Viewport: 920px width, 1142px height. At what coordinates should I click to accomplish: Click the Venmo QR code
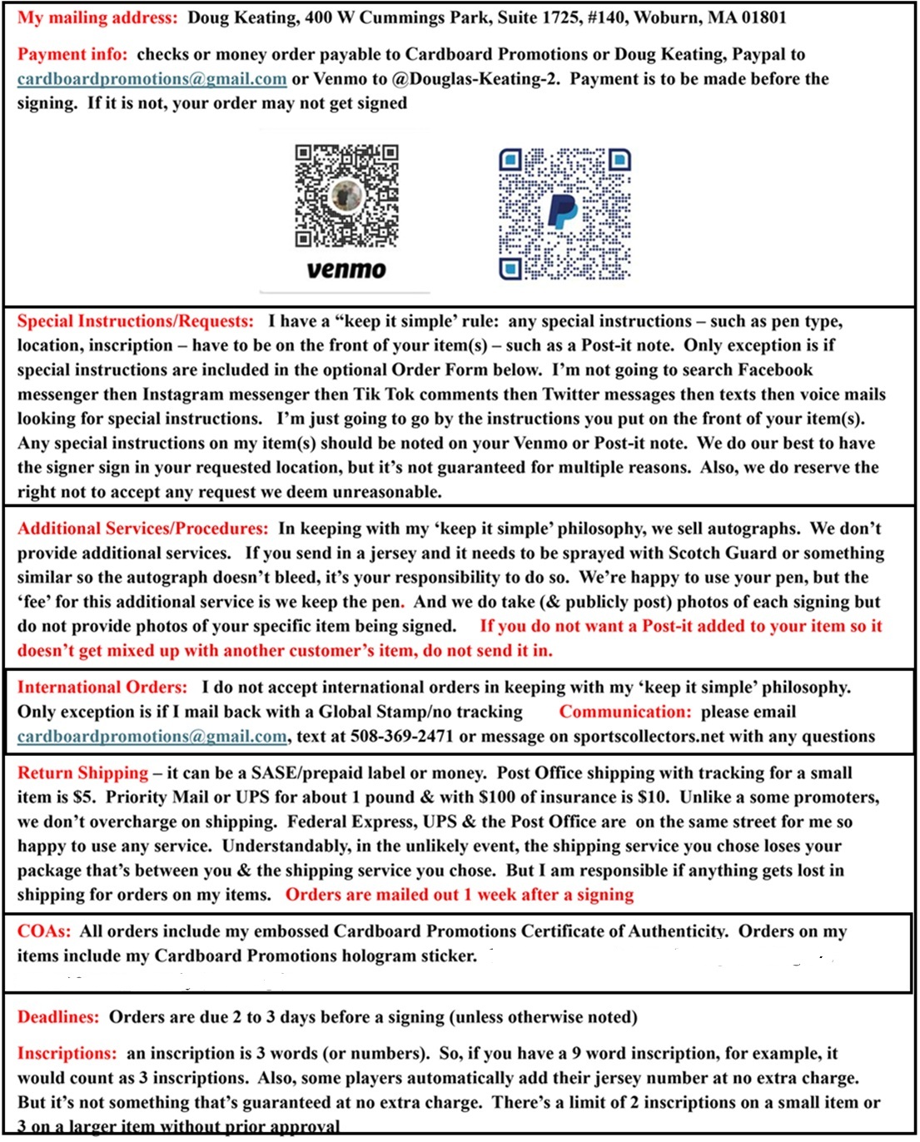pyautogui.click(x=346, y=196)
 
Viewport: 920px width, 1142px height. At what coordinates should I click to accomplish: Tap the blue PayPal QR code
pyautogui.click(x=564, y=214)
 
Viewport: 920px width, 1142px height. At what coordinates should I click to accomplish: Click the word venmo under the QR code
pyautogui.click(x=346, y=270)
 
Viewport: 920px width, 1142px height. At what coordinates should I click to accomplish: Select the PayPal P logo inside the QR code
pyautogui.click(x=563, y=211)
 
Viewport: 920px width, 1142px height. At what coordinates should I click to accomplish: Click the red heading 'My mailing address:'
pyautogui.click(x=97, y=17)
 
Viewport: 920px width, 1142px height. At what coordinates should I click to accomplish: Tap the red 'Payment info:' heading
pyautogui.click(x=72, y=54)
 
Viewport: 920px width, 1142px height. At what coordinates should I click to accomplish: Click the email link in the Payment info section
pyautogui.click(x=152, y=79)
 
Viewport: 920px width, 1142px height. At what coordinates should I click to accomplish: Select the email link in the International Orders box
pyautogui.click(x=152, y=737)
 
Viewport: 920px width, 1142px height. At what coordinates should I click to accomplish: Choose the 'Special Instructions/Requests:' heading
pyautogui.click(x=135, y=321)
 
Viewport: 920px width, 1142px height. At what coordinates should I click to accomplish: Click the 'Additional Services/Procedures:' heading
pyautogui.click(x=142, y=529)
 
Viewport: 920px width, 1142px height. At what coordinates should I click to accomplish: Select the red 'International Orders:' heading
pyautogui.click(x=102, y=688)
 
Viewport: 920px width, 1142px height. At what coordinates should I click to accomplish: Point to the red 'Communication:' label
pyautogui.click(x=625, y=712)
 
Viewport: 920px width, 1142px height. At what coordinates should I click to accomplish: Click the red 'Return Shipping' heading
pyautogui.click(x=82, y=773)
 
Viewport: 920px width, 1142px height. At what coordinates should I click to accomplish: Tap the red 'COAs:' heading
pyautogui.click(x=43, y=931)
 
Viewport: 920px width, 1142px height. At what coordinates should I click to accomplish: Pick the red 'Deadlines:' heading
pyautogui.click(x=57, y=1017)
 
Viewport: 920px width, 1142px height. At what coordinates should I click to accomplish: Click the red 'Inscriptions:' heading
pyautogui.click(x=67, y=1054)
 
